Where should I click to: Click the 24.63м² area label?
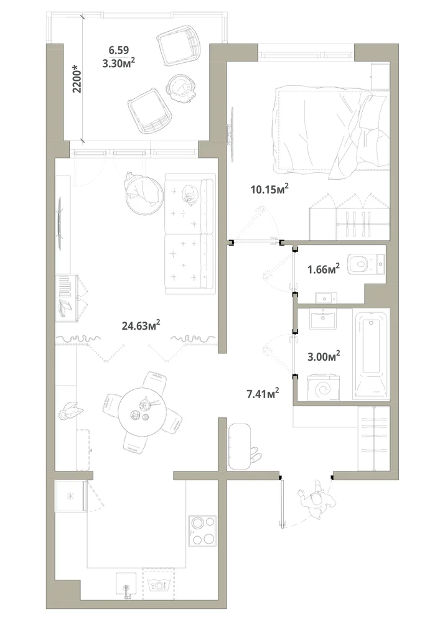tap(141, 325)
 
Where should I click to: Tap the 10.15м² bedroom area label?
tap(269, 189)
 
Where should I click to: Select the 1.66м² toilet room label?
tap(324, 269)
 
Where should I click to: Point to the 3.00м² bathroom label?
tap(324, 356)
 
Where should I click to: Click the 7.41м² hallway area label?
tap(263, 394)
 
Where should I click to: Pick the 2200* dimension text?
tap(77, 81)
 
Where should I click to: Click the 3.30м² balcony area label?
tap(119, 63)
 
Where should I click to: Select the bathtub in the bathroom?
tap(371, 354)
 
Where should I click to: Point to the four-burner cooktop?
tap(202, 531)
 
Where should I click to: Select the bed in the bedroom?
tap(331, 131)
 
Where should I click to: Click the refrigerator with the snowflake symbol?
tap(70, 496)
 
